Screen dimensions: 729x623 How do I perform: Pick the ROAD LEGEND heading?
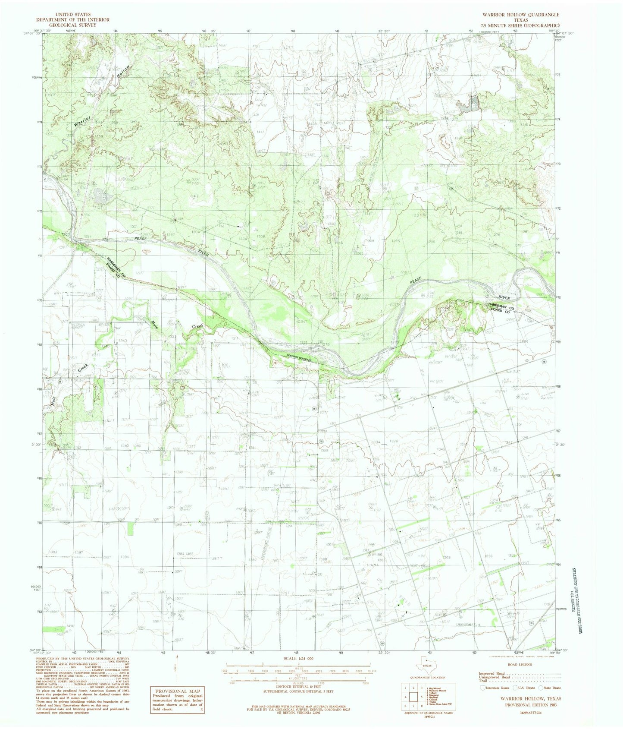tap(520, 664)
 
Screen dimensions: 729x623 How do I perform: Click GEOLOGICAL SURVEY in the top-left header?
tap(73, 25)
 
